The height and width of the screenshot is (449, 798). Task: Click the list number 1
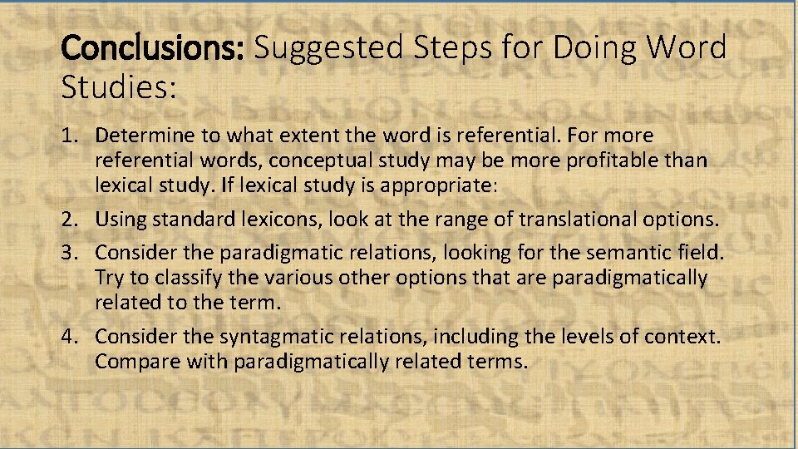click(x=69, y=136)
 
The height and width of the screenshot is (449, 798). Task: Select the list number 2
click(x=69, y=220)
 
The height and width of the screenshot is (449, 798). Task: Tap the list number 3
click(x=69, y=253)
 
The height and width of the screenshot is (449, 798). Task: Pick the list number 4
click(x=69, y=337)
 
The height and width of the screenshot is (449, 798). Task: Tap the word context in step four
click(x=688, y=337)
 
